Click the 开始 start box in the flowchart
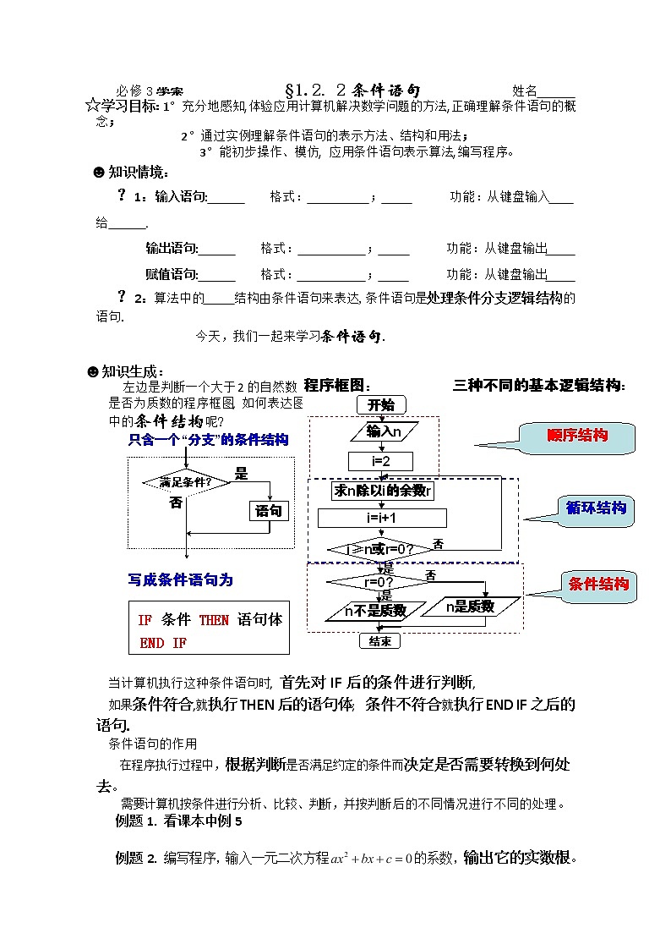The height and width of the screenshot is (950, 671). pos(381,405)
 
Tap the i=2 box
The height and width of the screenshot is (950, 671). pos(380,461)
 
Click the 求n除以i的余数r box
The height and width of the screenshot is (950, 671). pos(383,491)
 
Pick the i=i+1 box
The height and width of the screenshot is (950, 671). pos(382,518)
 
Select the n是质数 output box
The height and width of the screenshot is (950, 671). pos(457,607)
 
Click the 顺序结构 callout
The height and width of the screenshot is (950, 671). pos(577,436)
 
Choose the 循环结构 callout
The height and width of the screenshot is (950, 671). pos(597,508)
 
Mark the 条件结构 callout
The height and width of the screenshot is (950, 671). pos(598,584)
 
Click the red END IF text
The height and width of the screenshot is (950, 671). pos(163,643)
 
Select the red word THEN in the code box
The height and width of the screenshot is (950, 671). pos(214,620)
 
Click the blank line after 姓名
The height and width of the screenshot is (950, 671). pos(557,93)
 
